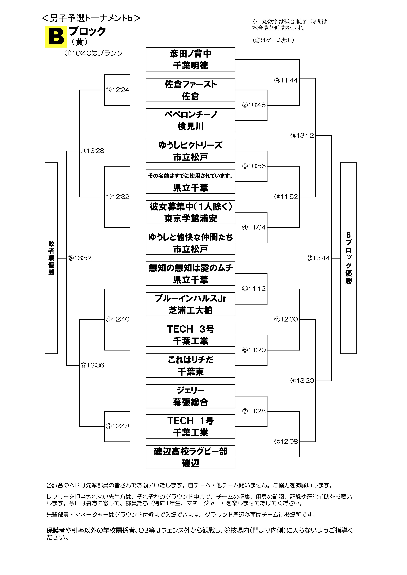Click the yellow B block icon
click(56, 37)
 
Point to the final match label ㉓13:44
click(318, 258)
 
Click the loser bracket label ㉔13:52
click(80, 258)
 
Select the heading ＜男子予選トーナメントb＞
click(91, 18)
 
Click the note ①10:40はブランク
click(94, 53)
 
